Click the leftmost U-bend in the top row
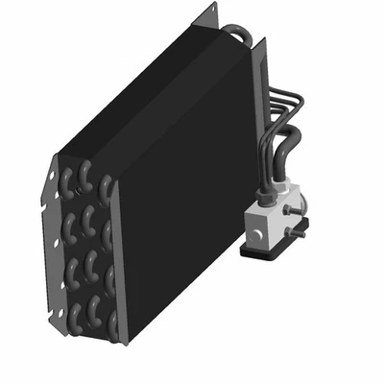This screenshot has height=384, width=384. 67,182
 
